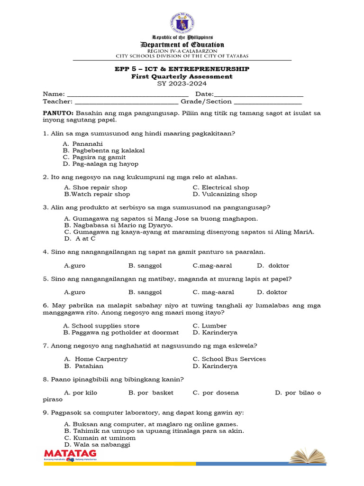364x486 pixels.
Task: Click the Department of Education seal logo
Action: (182, 23)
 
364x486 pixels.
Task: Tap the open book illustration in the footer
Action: (308, 456)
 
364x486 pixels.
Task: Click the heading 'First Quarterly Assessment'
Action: (182, 76)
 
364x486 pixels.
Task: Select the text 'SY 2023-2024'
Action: (182, 84)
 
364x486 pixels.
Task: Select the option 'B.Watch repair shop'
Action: (97, 194)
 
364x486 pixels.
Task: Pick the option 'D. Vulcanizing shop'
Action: (225, 194)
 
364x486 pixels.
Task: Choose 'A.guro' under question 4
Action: (74, 265)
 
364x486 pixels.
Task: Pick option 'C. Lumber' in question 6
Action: (209, 326)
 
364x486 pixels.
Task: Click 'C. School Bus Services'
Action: (229, 359)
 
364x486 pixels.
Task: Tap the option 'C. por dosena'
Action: (216, 393)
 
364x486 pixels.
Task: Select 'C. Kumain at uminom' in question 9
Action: (100, 438)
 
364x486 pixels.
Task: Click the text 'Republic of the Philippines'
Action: (182, 37)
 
